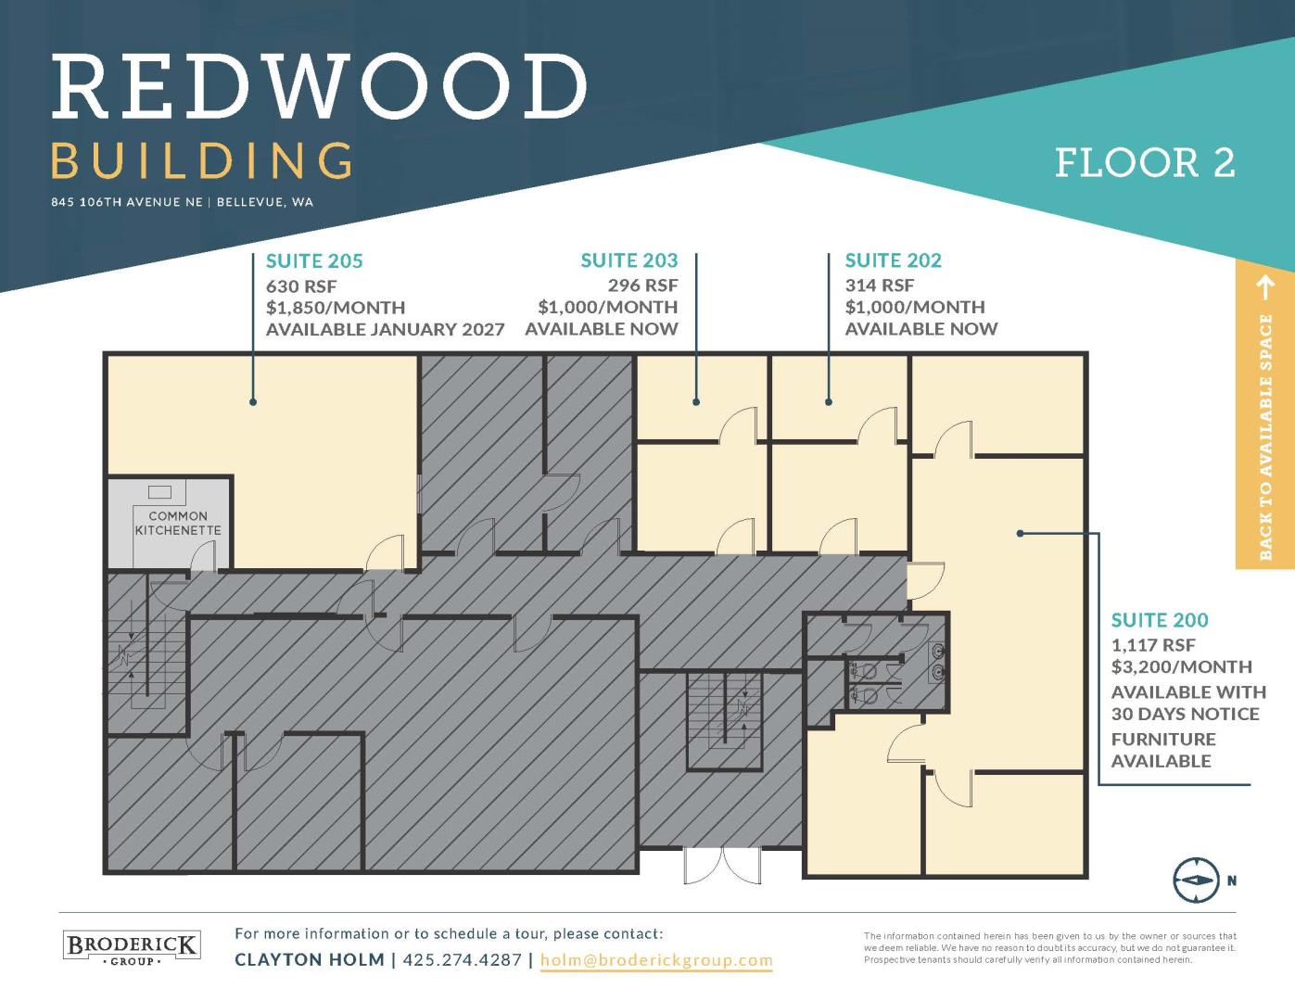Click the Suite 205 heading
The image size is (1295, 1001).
(x=314, y=261)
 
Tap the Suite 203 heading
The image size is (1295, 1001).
(x=629, y=260)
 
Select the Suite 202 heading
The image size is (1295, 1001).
(x=894, y=260)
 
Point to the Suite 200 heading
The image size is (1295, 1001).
(x=1160, y=620)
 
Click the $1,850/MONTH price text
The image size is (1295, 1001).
(x=336, y=308)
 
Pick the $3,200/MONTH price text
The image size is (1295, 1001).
(x=1182, y=666)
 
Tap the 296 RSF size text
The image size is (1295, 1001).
(x=643, y=285)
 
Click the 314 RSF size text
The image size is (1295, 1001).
(x=880, y=285)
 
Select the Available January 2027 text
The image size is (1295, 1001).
(x=385, y=330)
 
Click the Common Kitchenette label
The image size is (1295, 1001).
(x=178, y=523)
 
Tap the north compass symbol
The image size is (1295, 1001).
(x=1196, y=881)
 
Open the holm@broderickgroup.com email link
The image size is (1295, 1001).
(x=656, y=960)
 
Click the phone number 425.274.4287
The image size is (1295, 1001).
(x=463, y=960)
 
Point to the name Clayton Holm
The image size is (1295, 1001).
(x=310, y=960)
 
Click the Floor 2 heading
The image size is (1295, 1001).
(x=1145, y=163)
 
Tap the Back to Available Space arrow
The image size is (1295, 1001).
(x=1265, y=287)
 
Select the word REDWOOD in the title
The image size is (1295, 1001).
(x=320, y=85)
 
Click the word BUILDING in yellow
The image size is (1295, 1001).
(x=202, y=160)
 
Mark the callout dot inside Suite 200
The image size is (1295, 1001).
(x=1020, y=533)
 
